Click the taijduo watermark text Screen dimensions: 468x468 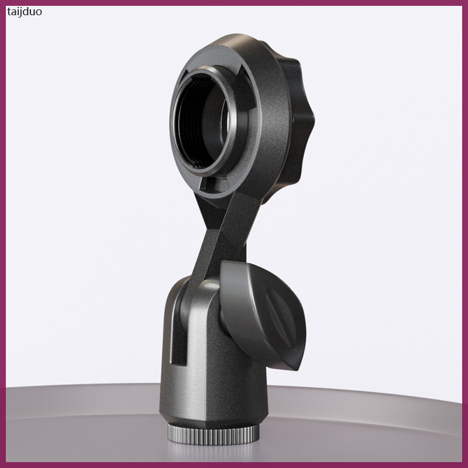[x=24, y=12]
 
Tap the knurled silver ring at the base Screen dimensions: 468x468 [x=213, y=435]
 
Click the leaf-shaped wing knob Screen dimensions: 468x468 [x=263, y=315]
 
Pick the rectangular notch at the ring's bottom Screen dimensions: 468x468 [x=212, y=183]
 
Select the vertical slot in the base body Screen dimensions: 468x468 [x=179, y=328]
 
